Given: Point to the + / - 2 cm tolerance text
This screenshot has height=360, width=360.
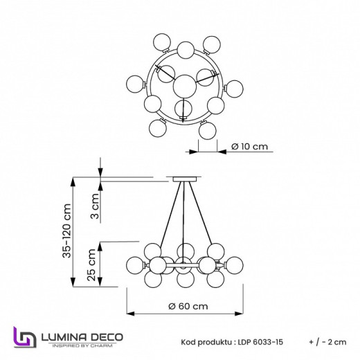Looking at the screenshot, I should (x=329, y=342).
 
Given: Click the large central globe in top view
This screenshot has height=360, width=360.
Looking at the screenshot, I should (x=183, y=86).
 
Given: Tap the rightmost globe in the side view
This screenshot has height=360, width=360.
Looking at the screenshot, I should (x=232, y=264).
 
